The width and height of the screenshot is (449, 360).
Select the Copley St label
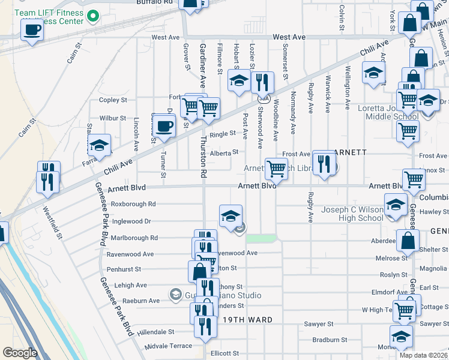point(113,100)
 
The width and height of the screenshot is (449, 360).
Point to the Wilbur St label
point(113,118)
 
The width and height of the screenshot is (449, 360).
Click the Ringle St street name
point(223,134)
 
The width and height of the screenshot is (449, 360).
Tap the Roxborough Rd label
point(133,203)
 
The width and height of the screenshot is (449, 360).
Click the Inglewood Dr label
point(131,221)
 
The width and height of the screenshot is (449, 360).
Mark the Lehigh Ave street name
point(126,286)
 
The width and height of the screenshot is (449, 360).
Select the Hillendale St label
point(155,331)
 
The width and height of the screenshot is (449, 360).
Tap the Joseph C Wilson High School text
point(352,214)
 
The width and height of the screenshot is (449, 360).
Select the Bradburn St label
point(330,340)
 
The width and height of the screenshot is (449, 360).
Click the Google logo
point(20,353)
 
